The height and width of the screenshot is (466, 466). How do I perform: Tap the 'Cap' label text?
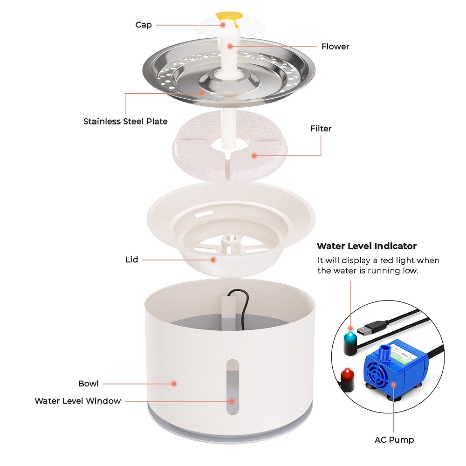[x=143, y=25]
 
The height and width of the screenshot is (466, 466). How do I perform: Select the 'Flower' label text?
[x=335, y=46]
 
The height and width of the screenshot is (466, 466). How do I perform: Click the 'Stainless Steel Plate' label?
[x=125, y=121]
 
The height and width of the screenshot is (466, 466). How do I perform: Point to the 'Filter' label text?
[x=321, y=128]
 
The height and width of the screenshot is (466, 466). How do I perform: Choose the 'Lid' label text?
[x=132, y=260]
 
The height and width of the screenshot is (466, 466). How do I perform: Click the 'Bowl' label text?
[x=89, y=384]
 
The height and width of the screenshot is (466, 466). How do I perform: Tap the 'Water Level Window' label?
[x=78, y=401]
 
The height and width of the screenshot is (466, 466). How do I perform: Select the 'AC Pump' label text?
[x=394, y=439]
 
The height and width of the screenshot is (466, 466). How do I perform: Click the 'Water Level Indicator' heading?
[x=366, y=246]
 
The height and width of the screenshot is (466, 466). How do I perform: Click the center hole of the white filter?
[x=231, y=144]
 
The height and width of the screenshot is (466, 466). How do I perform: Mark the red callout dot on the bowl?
[x=174, y=384]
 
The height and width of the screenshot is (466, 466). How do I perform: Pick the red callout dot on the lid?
[x=213, y=260]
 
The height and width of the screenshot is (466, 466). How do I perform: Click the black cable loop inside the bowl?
[x=241, y=298]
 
